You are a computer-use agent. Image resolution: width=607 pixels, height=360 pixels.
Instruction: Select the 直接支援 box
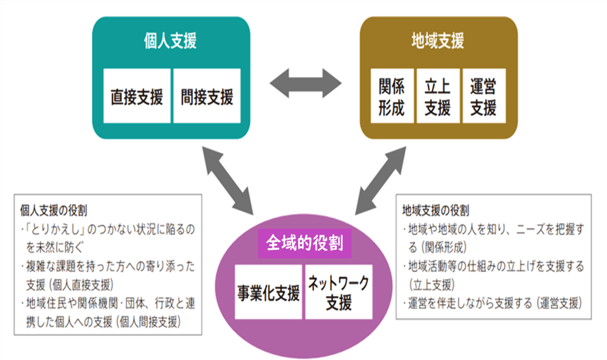(137, 97)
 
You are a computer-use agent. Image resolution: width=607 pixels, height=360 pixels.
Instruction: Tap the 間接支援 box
(207, 97)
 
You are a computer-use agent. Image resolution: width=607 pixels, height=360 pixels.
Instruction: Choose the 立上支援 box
(437, 97)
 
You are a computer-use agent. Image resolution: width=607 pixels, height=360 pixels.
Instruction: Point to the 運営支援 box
(483, 97)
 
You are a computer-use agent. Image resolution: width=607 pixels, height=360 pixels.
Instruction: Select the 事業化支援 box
(268, 293)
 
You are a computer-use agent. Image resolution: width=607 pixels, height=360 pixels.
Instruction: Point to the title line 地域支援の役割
(436, 211)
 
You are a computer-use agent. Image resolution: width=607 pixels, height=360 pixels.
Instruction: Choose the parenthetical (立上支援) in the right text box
(430, 282)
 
